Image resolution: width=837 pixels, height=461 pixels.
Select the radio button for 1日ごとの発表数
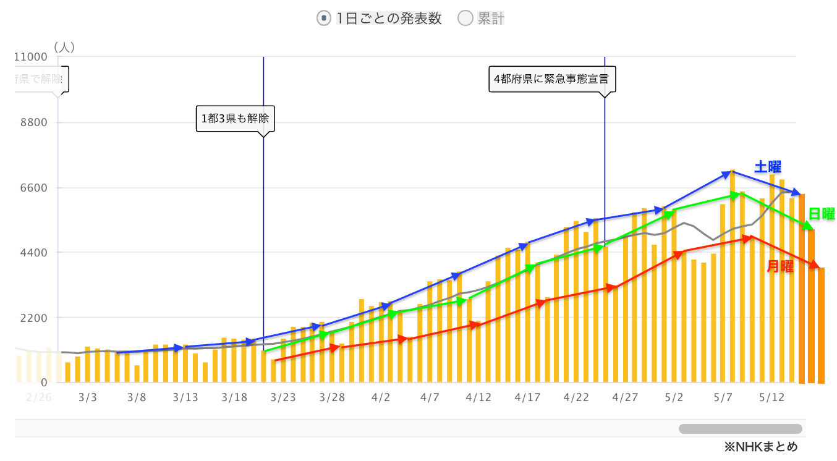point(323,19)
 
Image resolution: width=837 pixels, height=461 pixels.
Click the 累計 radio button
point(465,19)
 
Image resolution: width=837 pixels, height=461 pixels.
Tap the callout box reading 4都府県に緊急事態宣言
point(551,79)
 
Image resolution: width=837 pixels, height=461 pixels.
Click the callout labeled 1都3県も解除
point(235,118)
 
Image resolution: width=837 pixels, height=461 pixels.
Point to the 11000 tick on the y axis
point(31,57)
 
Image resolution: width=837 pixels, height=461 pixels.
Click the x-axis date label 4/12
point(478,397)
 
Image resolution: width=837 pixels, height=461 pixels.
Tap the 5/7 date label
point(723,397)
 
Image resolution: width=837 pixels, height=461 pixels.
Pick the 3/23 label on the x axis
point(283,397)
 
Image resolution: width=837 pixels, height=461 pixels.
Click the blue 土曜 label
point(768,167)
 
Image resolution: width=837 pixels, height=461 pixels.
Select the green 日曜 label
point(822,214)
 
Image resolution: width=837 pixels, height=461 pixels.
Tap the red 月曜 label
point(780,266)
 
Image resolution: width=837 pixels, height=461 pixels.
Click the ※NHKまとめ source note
point(761,446)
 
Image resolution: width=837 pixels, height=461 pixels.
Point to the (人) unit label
point(64,47)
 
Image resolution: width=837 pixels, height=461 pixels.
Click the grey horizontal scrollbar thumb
point(740,429)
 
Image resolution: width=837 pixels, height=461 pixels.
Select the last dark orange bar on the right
point(821,325)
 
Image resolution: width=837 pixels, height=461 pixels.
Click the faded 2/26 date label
point(38,397)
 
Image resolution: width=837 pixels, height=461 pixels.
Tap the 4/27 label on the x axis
point(625,397)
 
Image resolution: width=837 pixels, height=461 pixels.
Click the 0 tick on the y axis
point(44,383)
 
